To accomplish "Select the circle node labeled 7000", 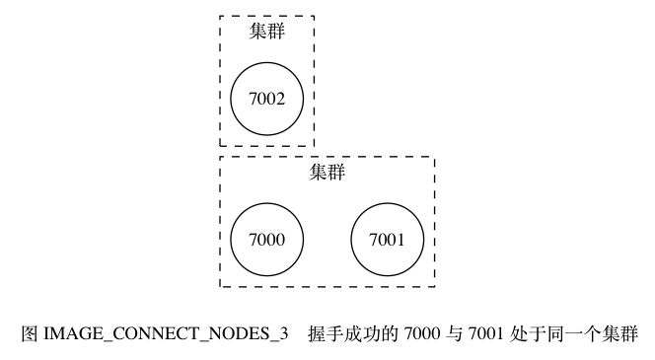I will [x=267, y=240].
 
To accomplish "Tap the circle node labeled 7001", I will [x=388, y=240].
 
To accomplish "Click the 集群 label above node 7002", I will [x=267, y=32].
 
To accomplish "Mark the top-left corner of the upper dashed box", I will [x=220, y=16].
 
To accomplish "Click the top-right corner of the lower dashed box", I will [x=434, y=156].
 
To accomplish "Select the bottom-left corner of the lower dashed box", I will [x=220, y=287].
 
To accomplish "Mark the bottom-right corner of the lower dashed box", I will [x=434, y=287].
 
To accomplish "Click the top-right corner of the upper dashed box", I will [x=314, y=16].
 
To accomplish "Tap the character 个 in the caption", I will [x=588, y=333].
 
